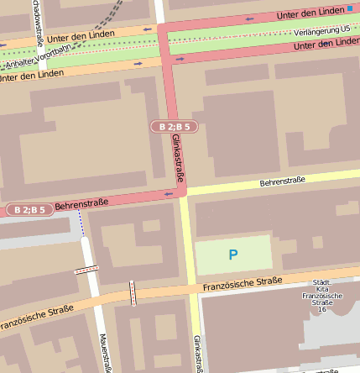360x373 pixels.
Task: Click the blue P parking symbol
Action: (x=233, y=254)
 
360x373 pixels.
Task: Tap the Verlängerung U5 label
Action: (x=322, y=30)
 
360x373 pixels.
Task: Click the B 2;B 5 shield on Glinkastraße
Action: (x=174, y=126)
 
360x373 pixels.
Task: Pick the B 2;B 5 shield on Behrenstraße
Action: (x=29, y=209)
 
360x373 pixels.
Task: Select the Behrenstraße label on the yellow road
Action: (x=282, y=181)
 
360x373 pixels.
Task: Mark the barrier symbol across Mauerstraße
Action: (x=86, y=270)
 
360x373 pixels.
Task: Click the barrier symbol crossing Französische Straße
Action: (x=133, y=292)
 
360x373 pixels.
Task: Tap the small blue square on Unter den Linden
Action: (x=350, y=8)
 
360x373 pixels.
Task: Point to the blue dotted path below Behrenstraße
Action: (x=81, y=223)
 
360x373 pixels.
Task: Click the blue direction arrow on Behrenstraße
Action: (x=168, y=194)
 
